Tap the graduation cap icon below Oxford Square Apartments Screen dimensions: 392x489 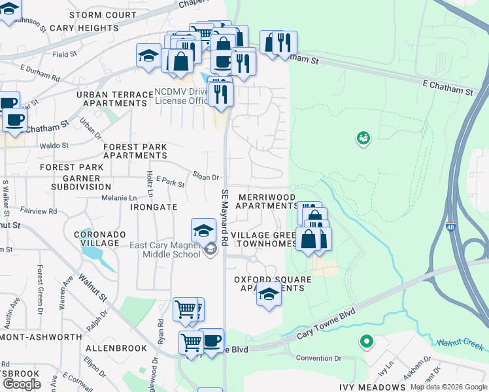pos(268,295)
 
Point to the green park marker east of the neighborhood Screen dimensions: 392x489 pos(363,138)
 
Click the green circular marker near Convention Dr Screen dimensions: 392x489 pos(367,342)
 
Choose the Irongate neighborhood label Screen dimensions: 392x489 pos(154,207)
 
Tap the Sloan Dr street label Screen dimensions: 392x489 pos(205,177)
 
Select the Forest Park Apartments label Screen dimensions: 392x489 pos(135,151)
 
